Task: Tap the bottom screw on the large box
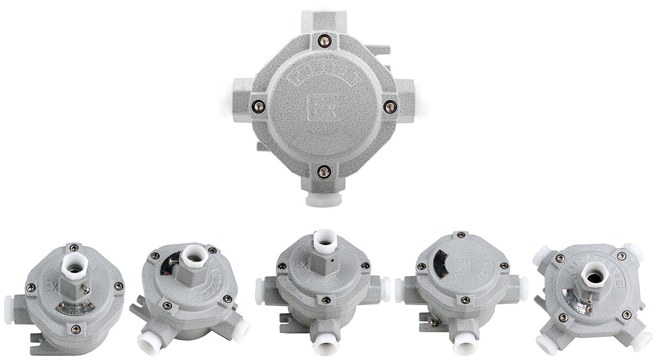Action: [x=324, y=171]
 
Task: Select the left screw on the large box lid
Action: [x=258, y=106]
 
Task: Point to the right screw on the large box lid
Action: [x=390, y=106]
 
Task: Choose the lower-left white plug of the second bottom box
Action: [x=149, y=343]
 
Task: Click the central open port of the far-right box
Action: [x=594, y=275]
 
